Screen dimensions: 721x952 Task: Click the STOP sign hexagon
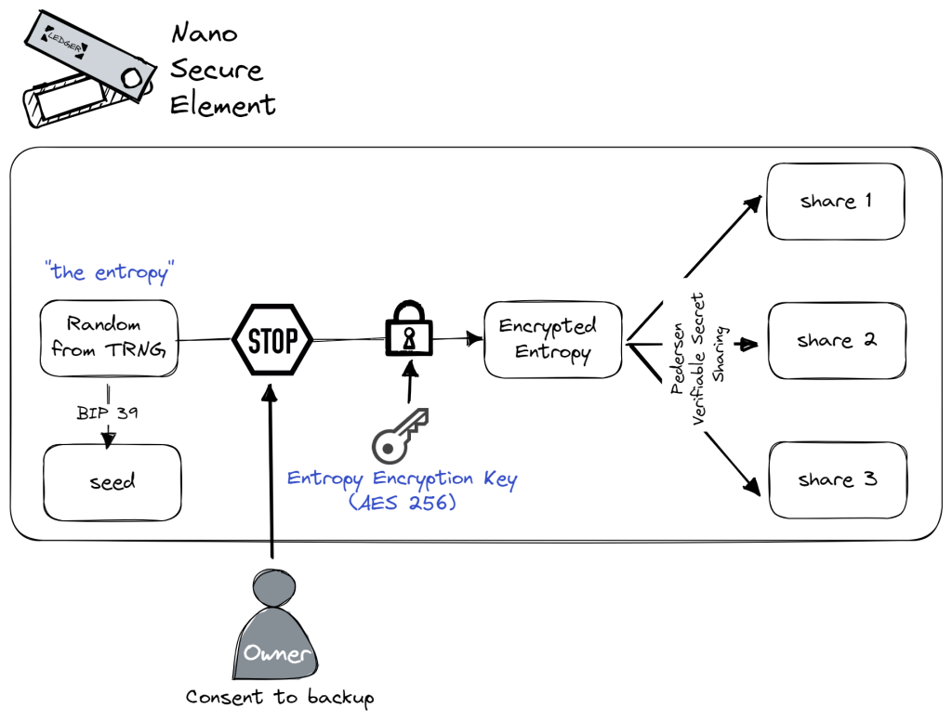[271, 341]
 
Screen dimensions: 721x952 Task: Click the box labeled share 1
[835, 202]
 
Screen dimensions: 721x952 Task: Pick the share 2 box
[836, 341]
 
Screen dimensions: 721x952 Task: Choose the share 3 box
[836, 480]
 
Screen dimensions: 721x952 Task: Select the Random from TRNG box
[109, 338]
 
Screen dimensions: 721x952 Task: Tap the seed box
[112, 482]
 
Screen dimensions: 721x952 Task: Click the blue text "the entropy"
[110, 272]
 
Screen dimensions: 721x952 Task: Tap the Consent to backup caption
[279, 697]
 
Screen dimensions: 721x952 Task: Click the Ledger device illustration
[86, 69]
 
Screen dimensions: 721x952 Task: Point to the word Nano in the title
[204, 34]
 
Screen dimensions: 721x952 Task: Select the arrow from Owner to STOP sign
[271, 474]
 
